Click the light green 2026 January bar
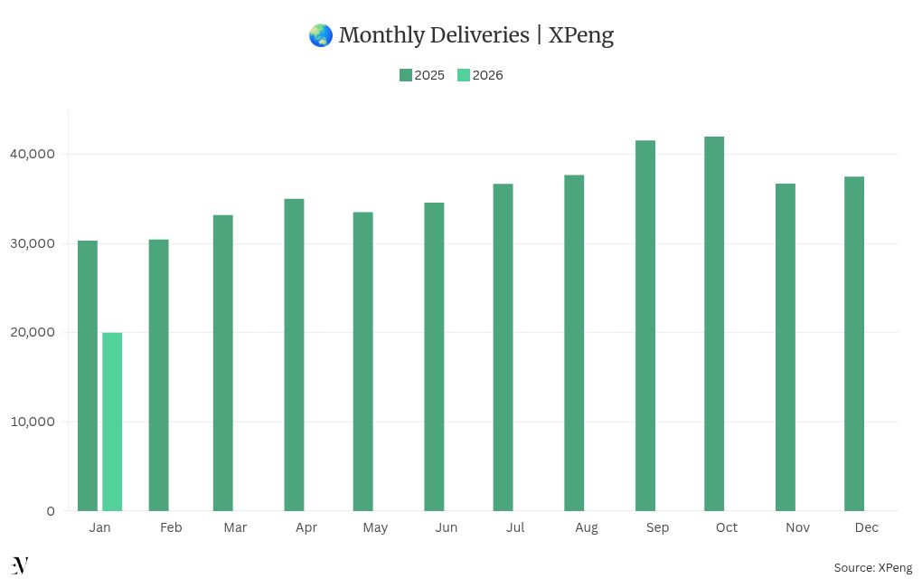click(x=112, y=422)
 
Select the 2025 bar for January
click(x=88, y=375)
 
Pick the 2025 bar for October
click(x=714, y=324)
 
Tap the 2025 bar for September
click(x=645, y=326)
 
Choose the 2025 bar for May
click(x=363, y=362)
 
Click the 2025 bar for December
click(x=854, y=344)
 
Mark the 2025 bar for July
click(x=503, y=347)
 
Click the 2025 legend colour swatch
click(x=406, y=75)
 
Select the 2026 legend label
click(x=488, y=75)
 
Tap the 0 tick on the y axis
click(x=51, y=511)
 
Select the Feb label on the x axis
click(x=171, y=527)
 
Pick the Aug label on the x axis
click(x=586, y=527)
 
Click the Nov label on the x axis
click(x=797, y=527)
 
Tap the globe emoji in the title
click(x=320, y=35)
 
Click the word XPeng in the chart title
click(x=581, y=35)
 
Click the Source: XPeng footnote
click(x=872, y=568)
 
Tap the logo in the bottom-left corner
click(x=20, y=566)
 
